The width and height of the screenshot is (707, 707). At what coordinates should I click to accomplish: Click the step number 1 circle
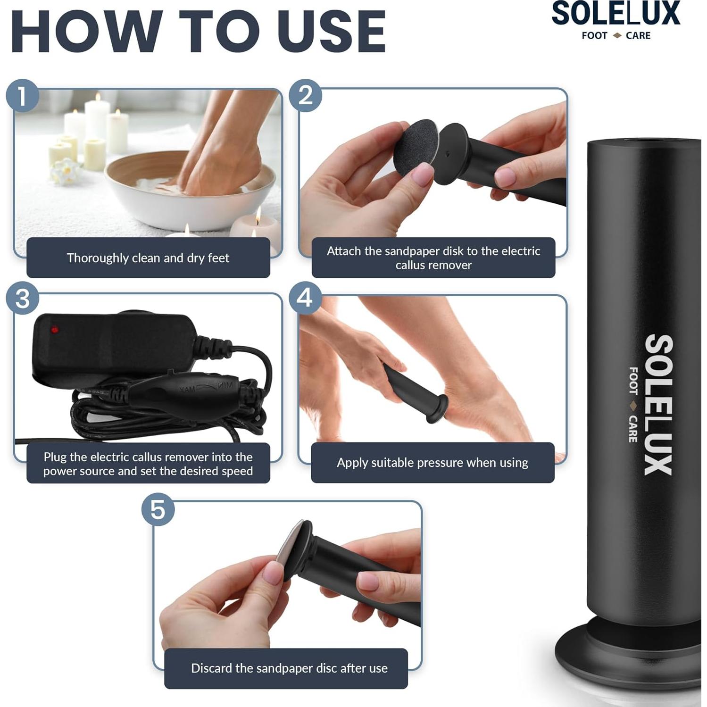(22, 96)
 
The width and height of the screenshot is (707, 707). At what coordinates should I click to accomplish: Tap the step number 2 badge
(305, 96)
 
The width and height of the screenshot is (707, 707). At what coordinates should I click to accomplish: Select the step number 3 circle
(22, 299)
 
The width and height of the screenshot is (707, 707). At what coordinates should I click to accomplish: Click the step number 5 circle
(158, 510)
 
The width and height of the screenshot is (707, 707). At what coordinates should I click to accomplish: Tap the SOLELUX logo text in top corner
(616, 14)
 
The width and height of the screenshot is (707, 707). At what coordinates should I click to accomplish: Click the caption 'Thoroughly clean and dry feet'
(148, 258)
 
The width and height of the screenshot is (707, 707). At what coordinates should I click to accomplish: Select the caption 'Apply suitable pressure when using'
(433, 463)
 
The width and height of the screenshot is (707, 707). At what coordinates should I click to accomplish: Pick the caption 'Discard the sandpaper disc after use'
(289, 668)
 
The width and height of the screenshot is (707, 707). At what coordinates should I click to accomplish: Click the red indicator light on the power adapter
(55, 330)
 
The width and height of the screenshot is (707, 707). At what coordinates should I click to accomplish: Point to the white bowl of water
(189, 198)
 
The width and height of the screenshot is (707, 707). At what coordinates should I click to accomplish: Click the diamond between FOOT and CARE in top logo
(617, 36)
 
